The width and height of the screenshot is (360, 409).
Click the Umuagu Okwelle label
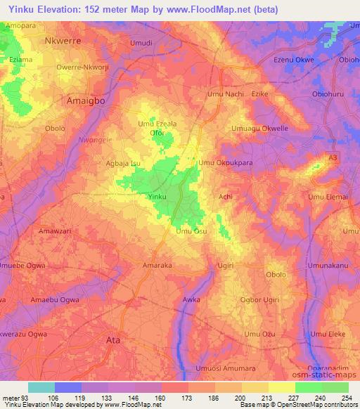[260, 129]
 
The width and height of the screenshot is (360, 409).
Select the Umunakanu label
[329, 266]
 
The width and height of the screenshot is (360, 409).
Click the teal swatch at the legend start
[41, 387]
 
